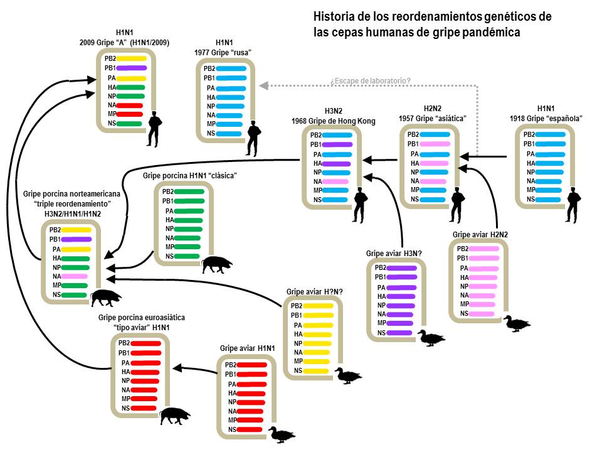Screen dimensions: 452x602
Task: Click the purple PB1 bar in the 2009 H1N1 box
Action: coord(131,68)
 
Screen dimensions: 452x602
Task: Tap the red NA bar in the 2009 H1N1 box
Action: coord(130,105)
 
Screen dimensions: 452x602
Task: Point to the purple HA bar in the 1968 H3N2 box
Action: coord(336,163)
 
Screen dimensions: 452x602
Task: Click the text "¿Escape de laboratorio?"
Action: coord(371,81)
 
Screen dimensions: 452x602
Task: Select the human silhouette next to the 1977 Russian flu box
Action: coord(253,139)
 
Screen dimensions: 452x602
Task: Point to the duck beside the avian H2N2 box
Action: coord(517,324)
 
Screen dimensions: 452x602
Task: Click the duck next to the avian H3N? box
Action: coord(431,338)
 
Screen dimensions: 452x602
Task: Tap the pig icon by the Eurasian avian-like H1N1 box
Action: coord(175,415)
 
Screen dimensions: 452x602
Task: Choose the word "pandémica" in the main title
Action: coord(490,32)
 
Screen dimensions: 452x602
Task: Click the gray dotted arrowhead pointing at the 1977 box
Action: coord(264,85)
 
